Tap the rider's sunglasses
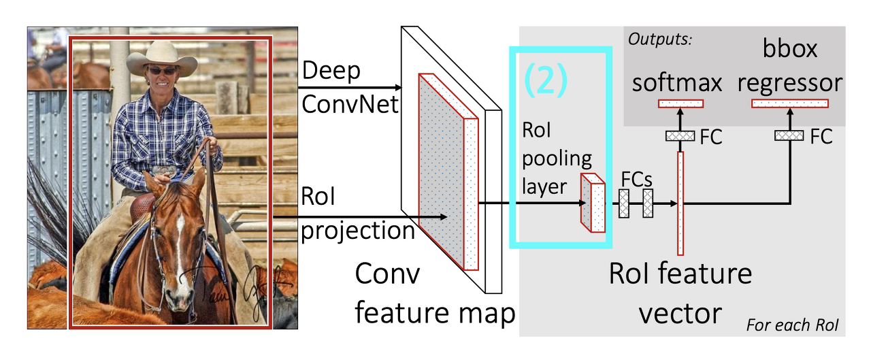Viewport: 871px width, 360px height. (x=161, y=70)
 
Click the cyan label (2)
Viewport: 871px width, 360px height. (x=545, y=80)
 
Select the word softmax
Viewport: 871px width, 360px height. (x=677, y=83)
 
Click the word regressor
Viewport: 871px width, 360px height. (x=790, y=83)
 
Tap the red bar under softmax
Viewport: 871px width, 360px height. (x=680, y=103)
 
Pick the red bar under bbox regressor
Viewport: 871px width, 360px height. (x=789, y=103)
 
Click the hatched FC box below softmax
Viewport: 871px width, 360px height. (x=680, y=136)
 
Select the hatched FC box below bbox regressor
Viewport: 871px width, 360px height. (x=790, y=136)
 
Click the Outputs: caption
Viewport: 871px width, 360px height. (x=660, y=39)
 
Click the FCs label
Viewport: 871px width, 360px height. (x=637, y=180)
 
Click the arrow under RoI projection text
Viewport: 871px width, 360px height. (x=360, y=217)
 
